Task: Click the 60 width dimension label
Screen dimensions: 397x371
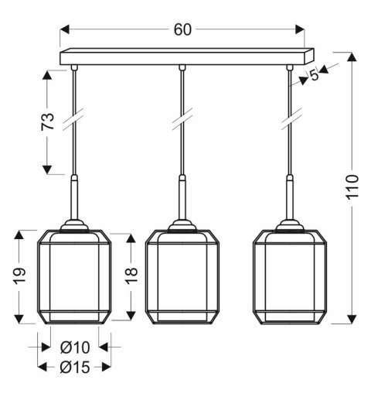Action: pyautogui.click(x=182, y=30)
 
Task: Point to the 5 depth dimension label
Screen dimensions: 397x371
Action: pyautogui.click(x=314, y=75)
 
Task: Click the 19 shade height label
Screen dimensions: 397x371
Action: pyautogui.click(x=21, y=276)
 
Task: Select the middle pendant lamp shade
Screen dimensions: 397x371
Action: pyautogui.click(x=182, y=276)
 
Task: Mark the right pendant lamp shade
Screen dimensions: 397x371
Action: pyautogui.click(x=290, y=276)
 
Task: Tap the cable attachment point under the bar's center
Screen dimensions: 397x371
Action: pyautogui.click(x=182, y=69)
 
